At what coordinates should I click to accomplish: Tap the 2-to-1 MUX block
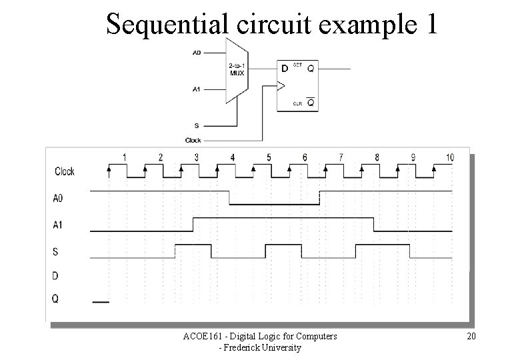pos(237,70)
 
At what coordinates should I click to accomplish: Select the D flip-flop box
pos(297,85)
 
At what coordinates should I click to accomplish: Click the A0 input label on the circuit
pos(197,52)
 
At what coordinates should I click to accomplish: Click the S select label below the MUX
pos(195,125)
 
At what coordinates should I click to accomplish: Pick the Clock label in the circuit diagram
pos(193,140)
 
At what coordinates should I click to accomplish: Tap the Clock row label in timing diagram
pos(64,171)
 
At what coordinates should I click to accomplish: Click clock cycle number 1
pos(124,157)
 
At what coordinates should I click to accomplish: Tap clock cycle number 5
pos(269,157)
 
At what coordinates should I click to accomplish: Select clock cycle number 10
pos(450,157)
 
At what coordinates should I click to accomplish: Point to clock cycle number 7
pos(341,157)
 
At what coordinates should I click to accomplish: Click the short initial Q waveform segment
pos(100,302)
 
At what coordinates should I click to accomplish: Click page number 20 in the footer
pos(471,336)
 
